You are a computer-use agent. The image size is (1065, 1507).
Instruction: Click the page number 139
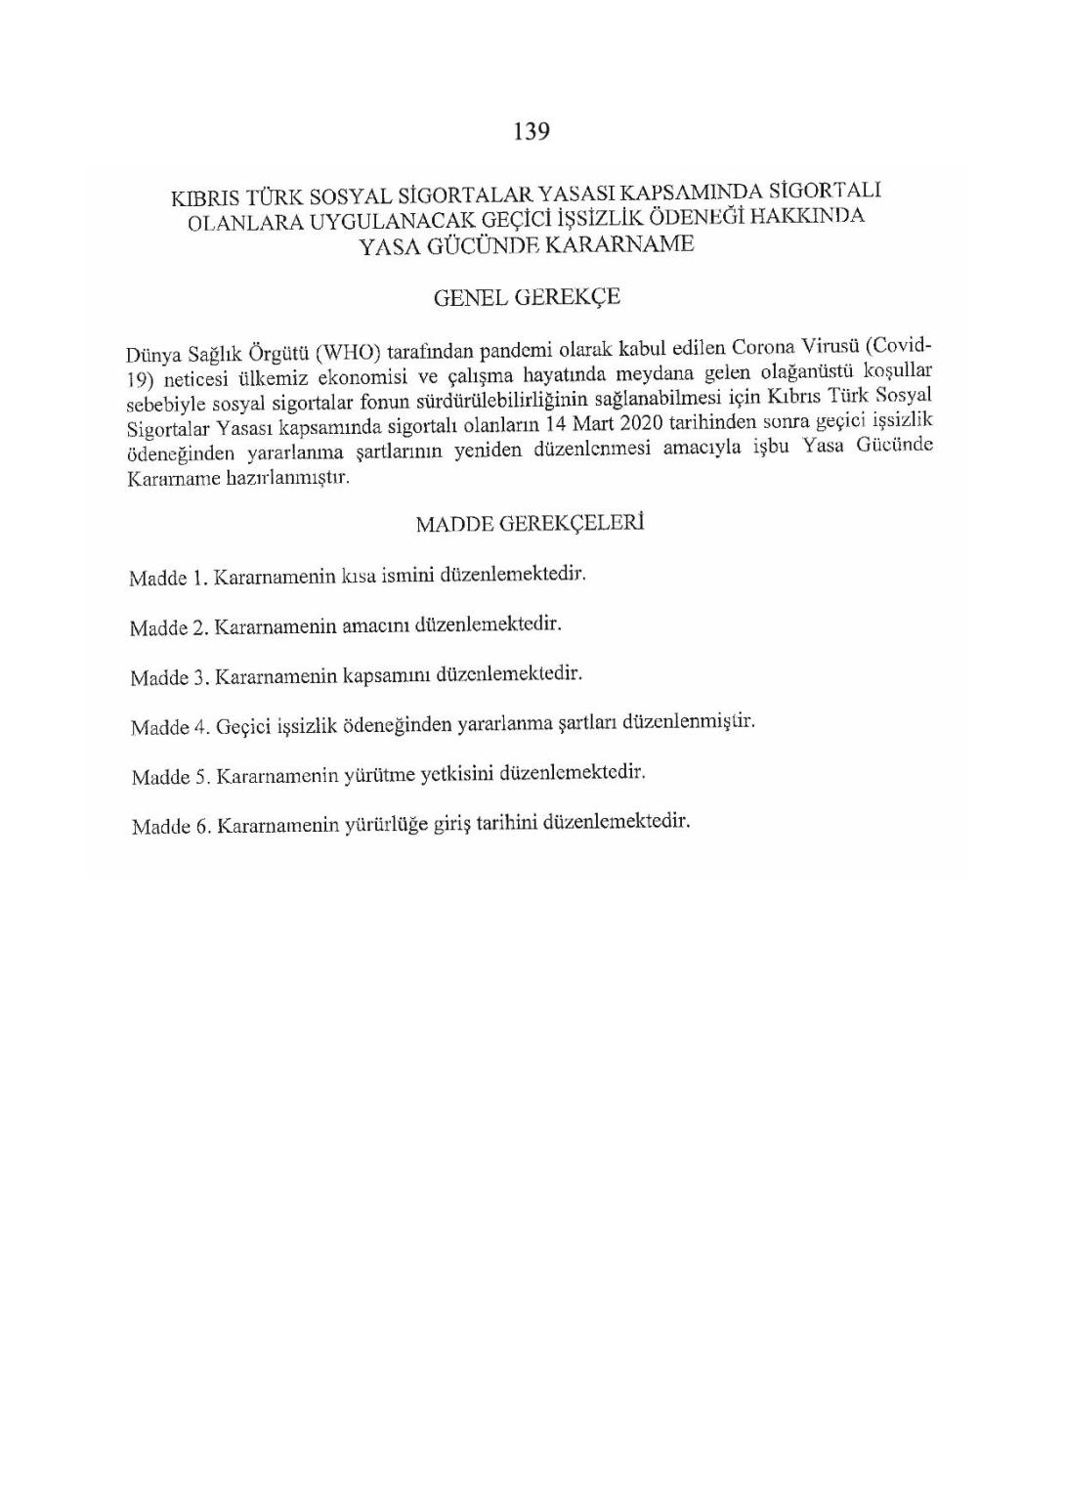point(532,132)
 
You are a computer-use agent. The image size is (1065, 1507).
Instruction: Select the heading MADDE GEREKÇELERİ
point(530,524)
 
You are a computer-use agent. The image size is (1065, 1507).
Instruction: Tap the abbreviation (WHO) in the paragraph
point(347,352)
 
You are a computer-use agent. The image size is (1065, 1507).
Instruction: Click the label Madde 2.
point(167,627)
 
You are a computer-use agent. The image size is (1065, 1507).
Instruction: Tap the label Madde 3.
point(168,677)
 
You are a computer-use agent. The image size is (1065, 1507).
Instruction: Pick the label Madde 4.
point(169,727)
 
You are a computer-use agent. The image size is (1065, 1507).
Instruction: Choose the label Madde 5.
point(170,777)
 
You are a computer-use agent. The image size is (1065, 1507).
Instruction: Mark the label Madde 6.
point(171,827)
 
